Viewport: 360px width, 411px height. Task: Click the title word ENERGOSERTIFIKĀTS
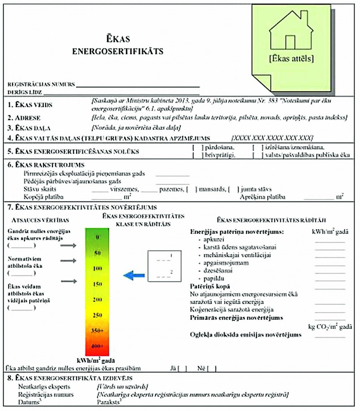point(118,52)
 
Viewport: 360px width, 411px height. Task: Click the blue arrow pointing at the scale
point(134,275)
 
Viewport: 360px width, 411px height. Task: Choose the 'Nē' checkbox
point(212,369)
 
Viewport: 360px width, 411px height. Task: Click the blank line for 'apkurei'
point(330,242)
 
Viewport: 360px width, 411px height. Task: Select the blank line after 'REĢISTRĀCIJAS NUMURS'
point(138,85)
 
